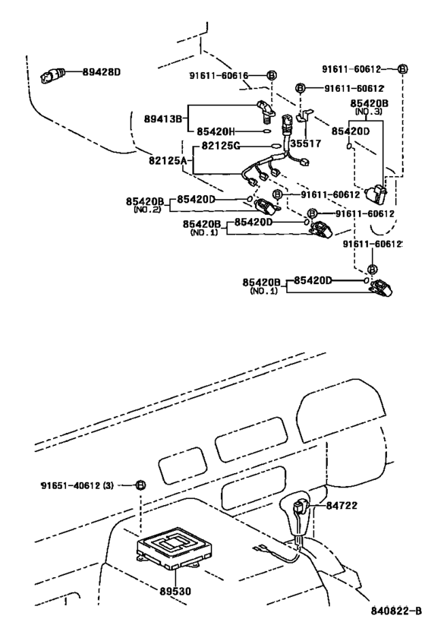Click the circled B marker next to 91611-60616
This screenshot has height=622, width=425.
[271, 75]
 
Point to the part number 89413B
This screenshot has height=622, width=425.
[164, 118]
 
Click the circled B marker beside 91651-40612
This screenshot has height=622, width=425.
[140, 485]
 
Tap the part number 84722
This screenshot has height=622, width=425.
[342, 504]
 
